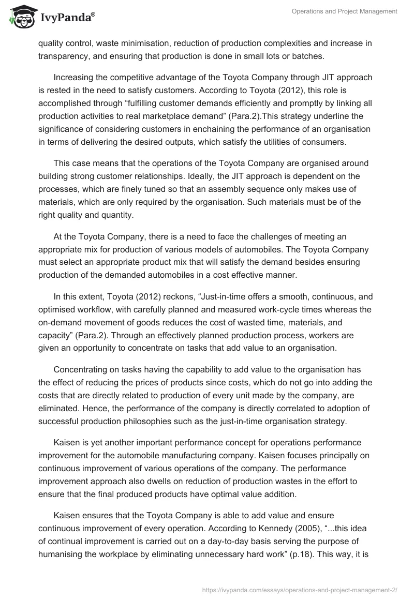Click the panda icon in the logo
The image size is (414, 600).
20,18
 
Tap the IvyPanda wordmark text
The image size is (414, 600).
66,19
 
